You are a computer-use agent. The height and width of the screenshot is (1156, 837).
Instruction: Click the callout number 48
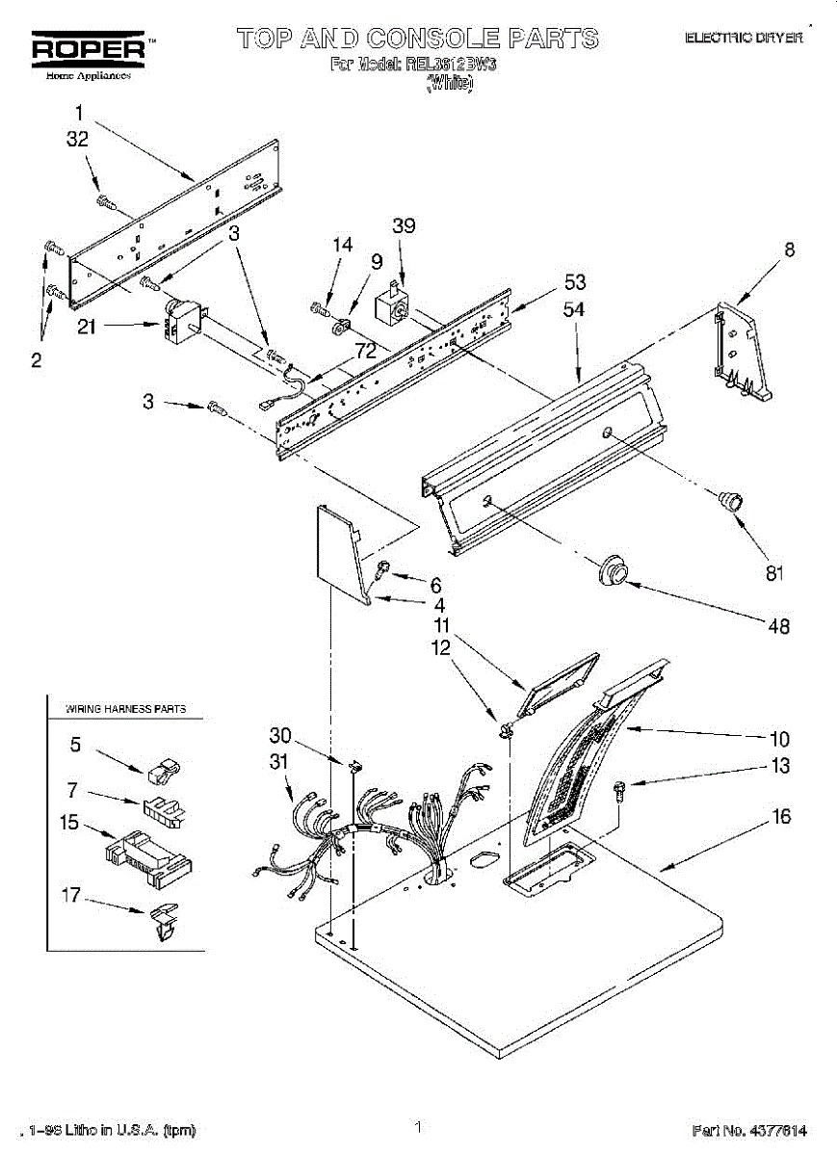(x=780, y=626)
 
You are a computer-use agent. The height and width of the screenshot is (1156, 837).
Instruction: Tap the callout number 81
(x=775, y=573)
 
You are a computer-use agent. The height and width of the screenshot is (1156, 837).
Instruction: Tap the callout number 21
(x=87, y=328)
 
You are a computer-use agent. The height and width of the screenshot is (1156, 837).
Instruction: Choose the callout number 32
(x=77, y=139)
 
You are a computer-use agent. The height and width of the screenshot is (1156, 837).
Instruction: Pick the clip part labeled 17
(x=163, y=920)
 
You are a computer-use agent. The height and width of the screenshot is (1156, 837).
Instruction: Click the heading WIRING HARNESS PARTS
(x=125, y=709)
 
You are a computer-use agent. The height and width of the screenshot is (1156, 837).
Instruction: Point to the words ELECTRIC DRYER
(x=744, y=38)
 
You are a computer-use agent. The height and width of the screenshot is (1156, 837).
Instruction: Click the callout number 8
(x=790, y=250)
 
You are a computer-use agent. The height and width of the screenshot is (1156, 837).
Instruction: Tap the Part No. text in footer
(x=748, y=1130)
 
